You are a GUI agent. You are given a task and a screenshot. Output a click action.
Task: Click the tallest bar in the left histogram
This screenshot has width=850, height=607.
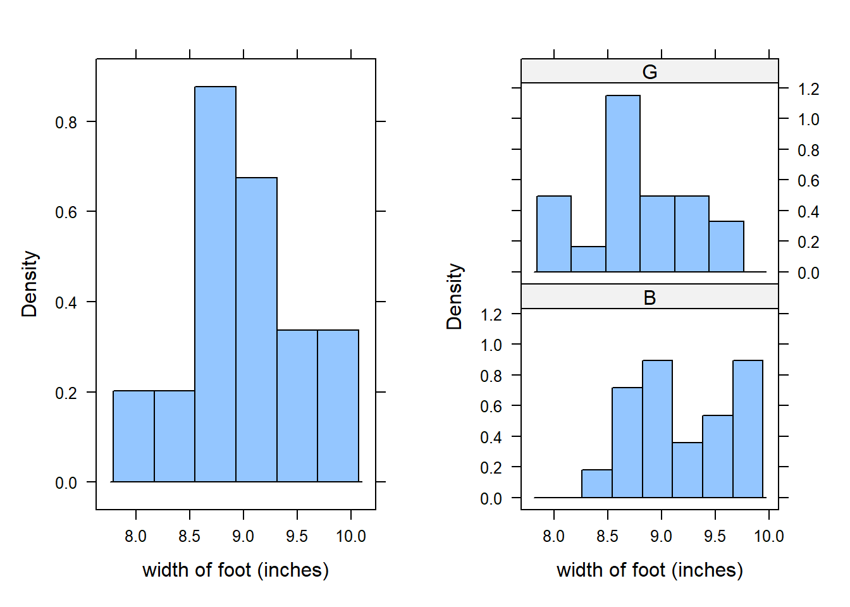(x=215, y=285)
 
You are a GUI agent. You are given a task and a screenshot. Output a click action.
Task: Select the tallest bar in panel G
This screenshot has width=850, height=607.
(x=623, y=183)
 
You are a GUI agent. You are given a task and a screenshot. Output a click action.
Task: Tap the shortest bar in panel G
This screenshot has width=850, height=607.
(x=588, y=259)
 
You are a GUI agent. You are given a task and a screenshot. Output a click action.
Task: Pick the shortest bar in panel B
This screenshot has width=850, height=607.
(x=597, y=484)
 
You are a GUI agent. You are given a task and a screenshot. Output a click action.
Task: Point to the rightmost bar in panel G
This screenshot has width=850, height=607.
(x=726, y=247)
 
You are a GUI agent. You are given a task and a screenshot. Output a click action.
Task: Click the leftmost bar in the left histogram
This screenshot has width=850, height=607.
(x=133, y=436)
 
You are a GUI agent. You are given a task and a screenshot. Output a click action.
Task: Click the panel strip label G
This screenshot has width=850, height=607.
(x=650, y=72)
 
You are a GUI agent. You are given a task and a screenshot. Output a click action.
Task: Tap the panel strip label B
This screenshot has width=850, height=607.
(x=650, y=298)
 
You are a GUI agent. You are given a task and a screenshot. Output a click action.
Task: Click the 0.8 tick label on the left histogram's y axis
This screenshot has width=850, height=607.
(x=66, y=122)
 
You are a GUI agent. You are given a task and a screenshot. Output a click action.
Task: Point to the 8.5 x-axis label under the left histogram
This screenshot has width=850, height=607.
(x=189, y=537)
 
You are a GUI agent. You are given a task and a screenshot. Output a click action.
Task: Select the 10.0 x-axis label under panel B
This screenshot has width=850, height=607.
(x=768, y=537)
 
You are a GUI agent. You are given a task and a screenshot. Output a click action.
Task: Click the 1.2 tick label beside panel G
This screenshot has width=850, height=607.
(x=808, y=89)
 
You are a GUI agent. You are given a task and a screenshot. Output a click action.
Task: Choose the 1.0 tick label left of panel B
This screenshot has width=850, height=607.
(x=491, y=345)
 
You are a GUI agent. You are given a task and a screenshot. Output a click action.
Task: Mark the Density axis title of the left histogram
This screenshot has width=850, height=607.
(x=30, y=284)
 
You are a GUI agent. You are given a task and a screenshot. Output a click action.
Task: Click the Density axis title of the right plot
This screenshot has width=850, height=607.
(x=455, y=297)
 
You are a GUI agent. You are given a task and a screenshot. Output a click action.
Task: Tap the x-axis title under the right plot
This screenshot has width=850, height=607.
(x=650, y=570)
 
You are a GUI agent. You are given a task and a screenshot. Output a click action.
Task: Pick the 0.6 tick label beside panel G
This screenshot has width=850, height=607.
(x=808, y=181)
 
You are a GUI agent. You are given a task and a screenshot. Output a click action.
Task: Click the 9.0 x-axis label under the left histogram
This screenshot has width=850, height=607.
(x=243, y=537)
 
